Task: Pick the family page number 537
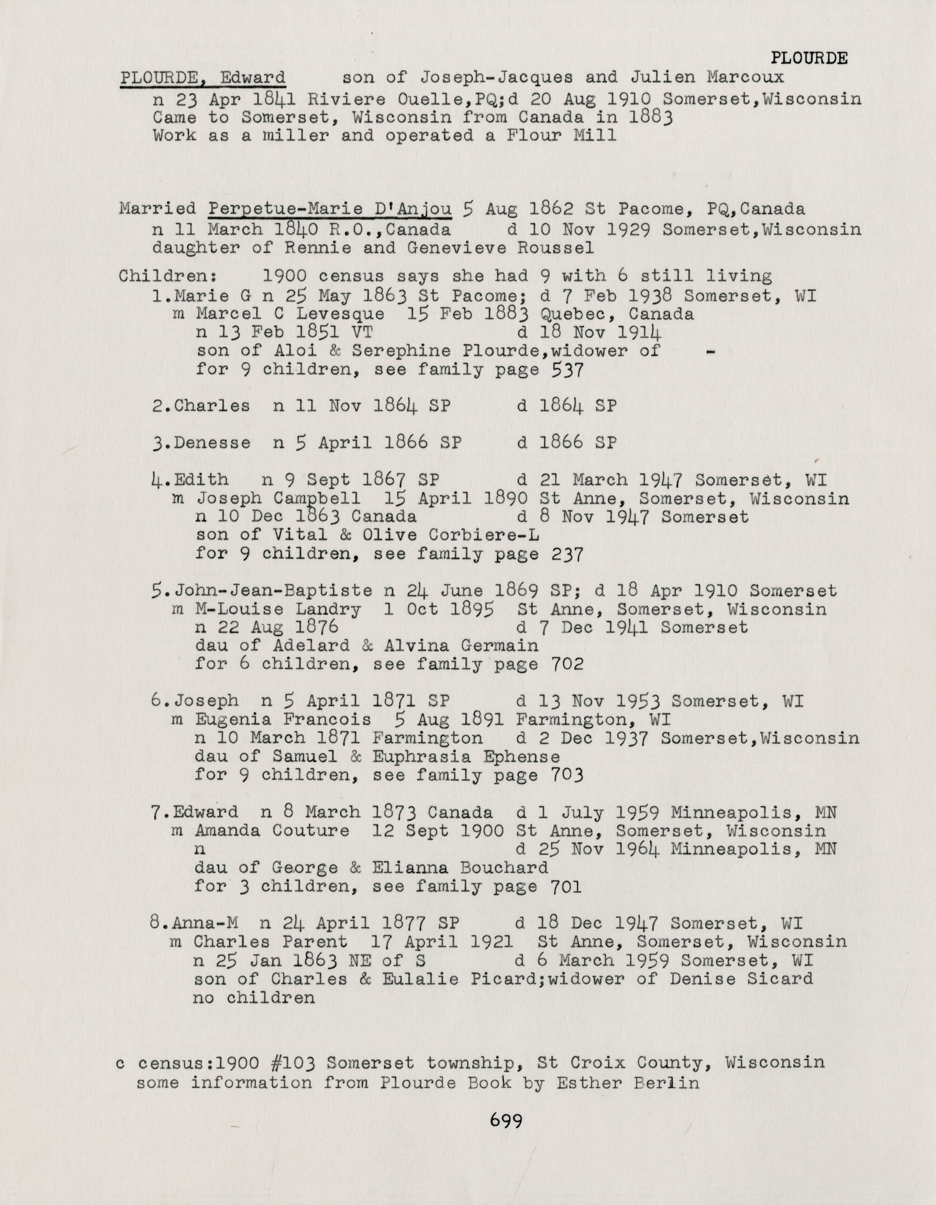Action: pos(567,369)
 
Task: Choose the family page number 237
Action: pos(567,554)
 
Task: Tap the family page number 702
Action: pos(567,664)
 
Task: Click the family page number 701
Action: pos(566,887)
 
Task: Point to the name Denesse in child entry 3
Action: pos(213,442)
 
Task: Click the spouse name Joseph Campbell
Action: pos(279,498)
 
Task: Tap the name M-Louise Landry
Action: pos(278,609)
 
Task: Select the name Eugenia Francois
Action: pos(283,720)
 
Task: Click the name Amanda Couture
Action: pos(272,831)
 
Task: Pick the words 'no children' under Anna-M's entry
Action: pos(254,997)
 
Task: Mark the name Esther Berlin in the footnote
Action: pos(627,1083)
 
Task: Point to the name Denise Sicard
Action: pos(741,979)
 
